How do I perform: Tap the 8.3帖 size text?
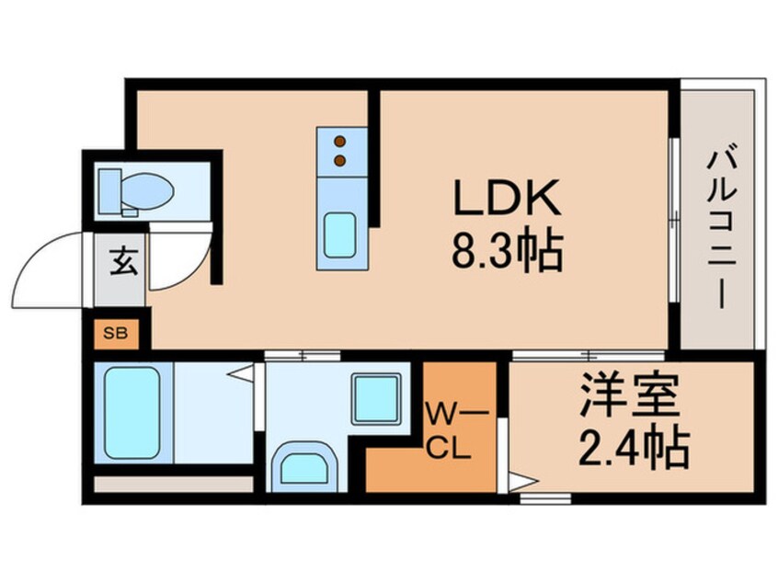click(505, 250)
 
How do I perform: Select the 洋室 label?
click(630, 397)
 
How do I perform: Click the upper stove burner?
click(340, 142)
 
